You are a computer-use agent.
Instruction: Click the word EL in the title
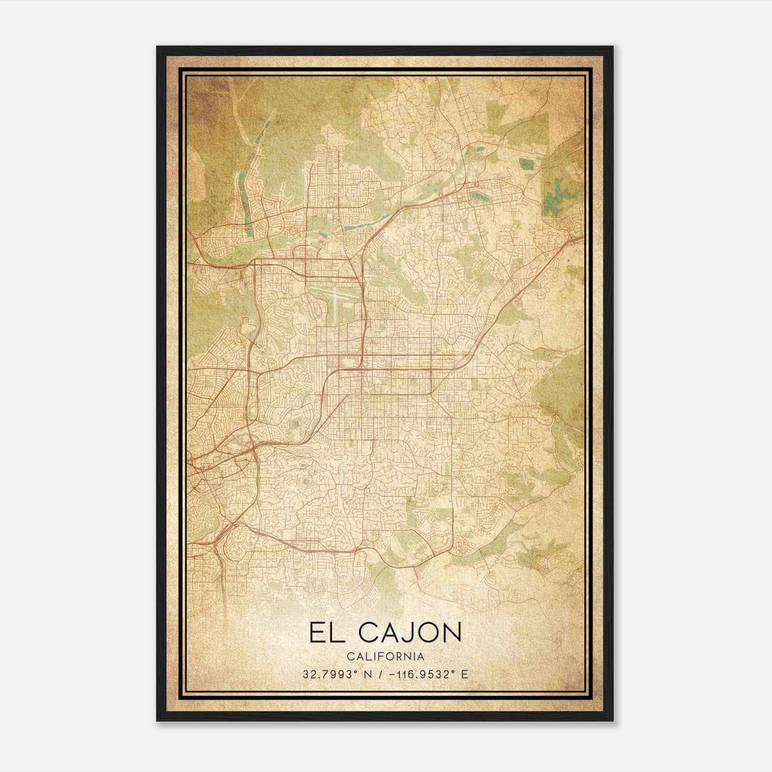click(x=327, y=633)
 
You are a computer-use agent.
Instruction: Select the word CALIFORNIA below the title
click(x=385, y=657)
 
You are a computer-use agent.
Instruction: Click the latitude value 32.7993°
click(x=328, y=675)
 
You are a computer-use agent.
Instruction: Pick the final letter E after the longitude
click(x=465, y=675)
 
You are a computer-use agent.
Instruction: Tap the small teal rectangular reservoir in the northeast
click(x=525, y=164)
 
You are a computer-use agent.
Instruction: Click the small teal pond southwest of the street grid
click(x=295, y=424)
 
